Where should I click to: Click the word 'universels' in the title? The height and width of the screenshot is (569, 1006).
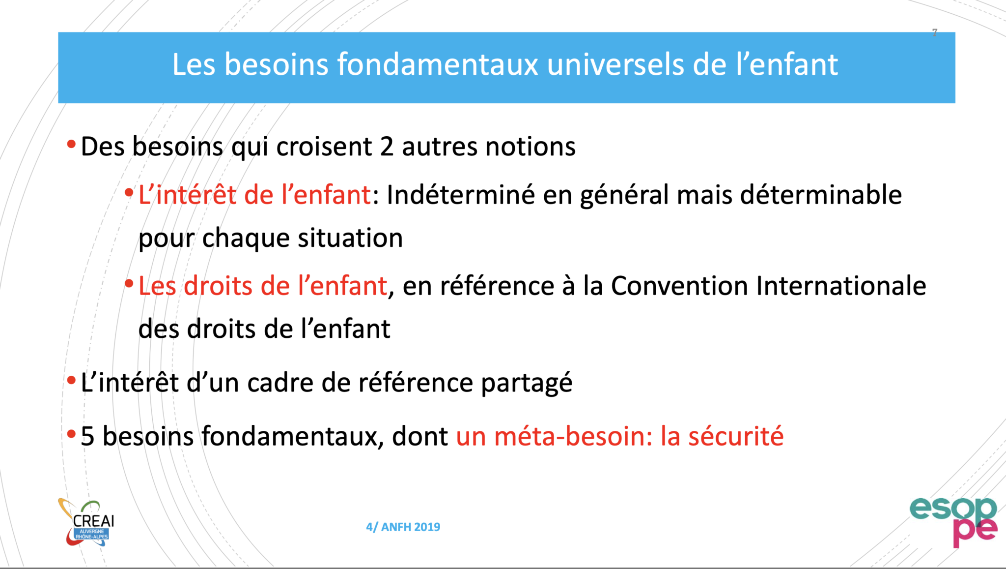pos(615,64)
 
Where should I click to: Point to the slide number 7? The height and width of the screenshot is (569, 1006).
pos(934,32)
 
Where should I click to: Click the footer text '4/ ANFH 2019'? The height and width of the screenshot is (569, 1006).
pos(403,527)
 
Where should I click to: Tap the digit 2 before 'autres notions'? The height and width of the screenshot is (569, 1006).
pos(387,147)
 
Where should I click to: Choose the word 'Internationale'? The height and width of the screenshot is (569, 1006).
pos(841,286)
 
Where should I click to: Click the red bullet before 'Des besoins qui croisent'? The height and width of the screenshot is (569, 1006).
pos(71,144)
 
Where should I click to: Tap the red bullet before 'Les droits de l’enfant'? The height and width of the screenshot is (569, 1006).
pos(129,283)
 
